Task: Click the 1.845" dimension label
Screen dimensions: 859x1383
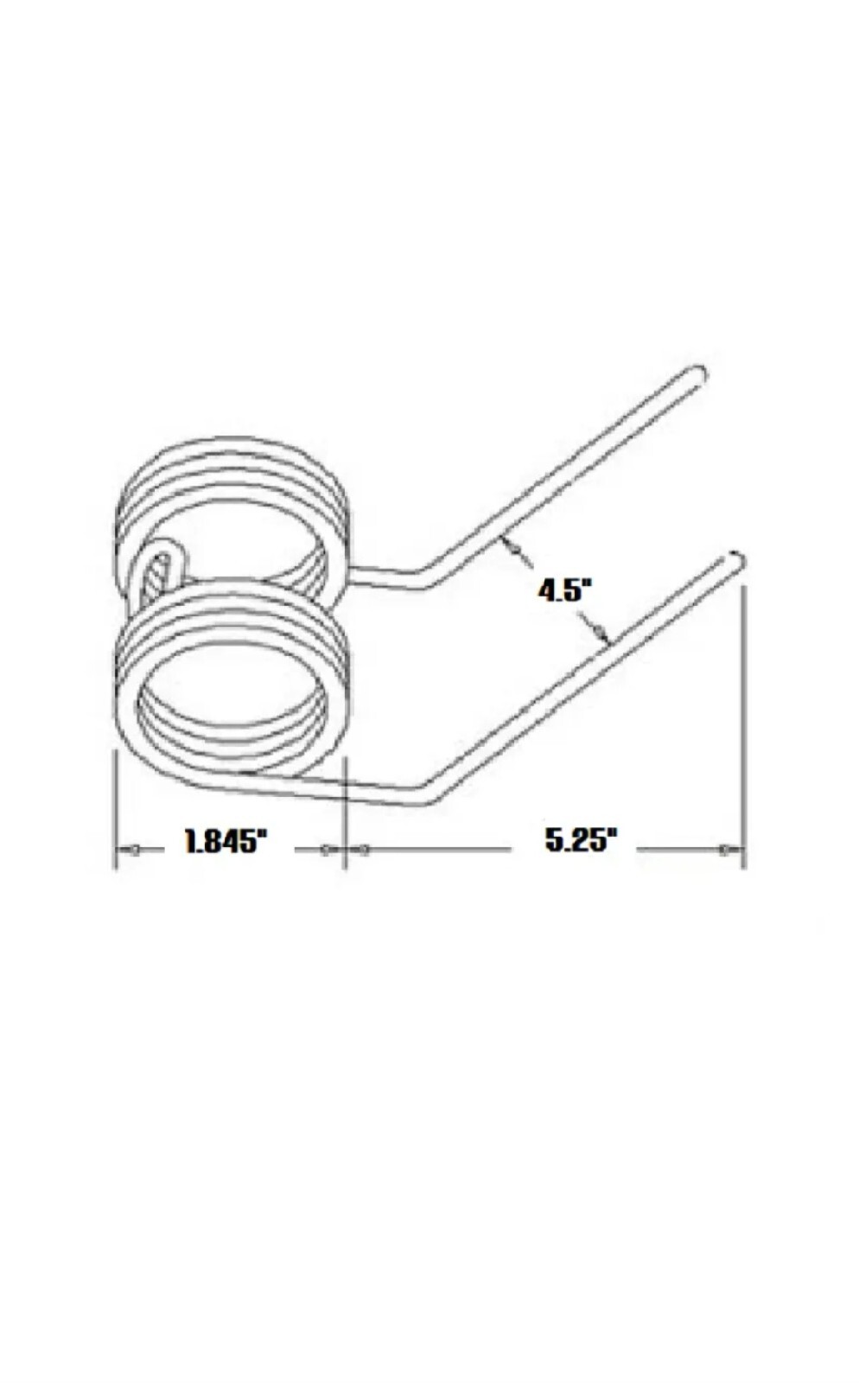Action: (x=226, y=841)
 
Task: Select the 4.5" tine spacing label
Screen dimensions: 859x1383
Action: (x=564, y=591)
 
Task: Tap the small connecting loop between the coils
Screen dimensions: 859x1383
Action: (x=161, y=563)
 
